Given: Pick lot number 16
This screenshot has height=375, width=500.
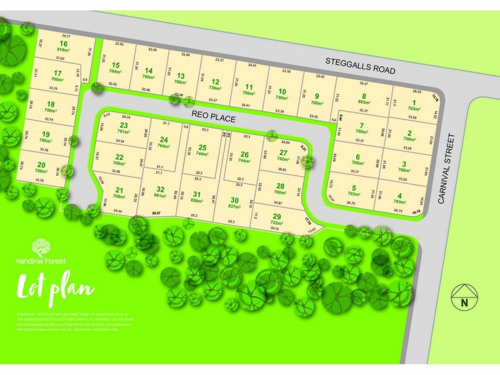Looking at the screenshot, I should (63, 43).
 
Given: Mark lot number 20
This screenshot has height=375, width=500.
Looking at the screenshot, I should (41, 164).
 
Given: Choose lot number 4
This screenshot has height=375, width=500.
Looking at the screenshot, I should (398, 195).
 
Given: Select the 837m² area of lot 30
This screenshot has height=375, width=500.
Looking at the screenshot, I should (235, 206).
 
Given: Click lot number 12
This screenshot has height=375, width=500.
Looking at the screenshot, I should (215, 82).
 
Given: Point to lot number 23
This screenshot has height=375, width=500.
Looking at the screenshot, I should (122, 126).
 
